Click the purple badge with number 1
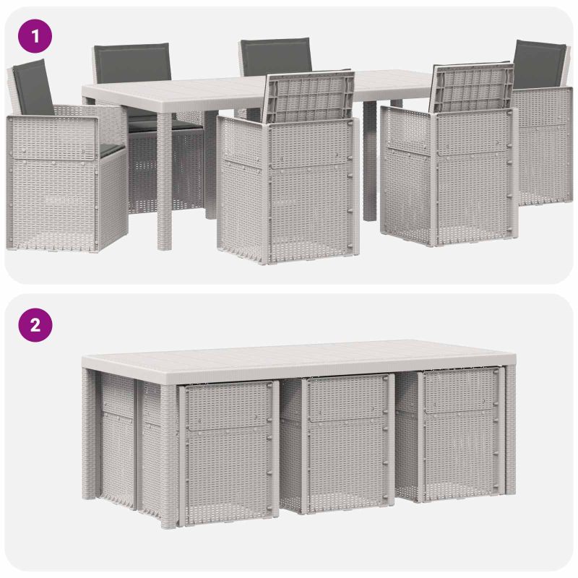click(35, 36)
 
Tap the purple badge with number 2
click(35, 325)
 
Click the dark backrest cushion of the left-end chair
click(33, 87)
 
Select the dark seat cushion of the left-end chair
click(111, 149)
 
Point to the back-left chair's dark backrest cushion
click(133, 63)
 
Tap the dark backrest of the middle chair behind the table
click(276, 57)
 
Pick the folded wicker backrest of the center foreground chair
click(310, 97)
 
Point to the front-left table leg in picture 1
click(165, 181)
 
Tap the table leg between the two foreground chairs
click(370, 161)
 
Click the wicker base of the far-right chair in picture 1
click(543, 147)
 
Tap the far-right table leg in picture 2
click(510, 430)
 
